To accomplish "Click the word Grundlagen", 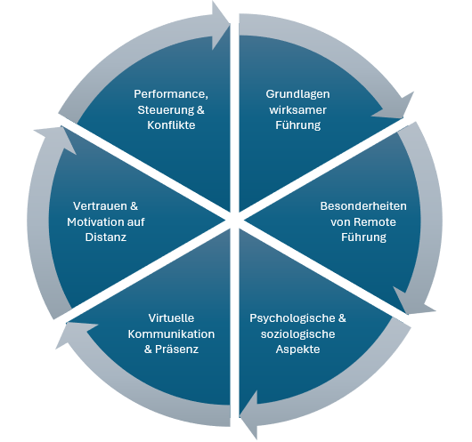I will pos(297,93).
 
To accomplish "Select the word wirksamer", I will pos(297,109).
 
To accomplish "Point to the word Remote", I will pos(377,221).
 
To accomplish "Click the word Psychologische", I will pos(291,317).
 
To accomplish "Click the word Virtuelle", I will pos(171,317).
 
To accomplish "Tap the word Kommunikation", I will pos(170,334).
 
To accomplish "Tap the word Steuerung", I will pos(163,109).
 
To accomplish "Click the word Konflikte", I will pos(170,125).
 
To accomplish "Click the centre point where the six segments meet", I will pos(235,217).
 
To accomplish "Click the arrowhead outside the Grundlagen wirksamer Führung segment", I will pos(395,105).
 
